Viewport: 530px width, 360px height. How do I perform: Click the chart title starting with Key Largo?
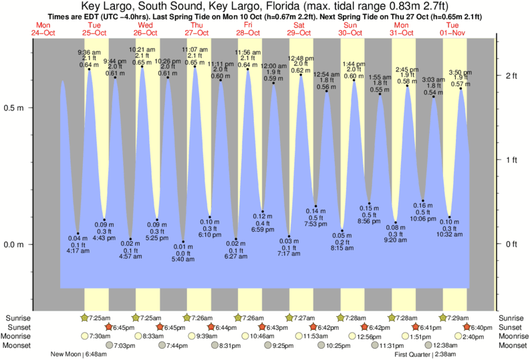point(265,6)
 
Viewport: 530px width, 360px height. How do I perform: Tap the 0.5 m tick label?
point(13,108)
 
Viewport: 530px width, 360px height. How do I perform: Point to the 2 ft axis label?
point(511,75)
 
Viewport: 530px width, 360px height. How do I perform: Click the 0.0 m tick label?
point(13,244)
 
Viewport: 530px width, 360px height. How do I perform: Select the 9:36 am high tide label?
point(89,52)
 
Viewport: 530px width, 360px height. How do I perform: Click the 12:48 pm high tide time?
point(300,57)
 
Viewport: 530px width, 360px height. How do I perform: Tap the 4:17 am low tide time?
point(78,252)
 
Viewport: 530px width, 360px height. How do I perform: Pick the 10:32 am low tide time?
point(449,234)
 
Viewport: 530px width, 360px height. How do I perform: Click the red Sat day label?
point(299,24)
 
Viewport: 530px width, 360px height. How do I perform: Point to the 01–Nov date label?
point(452,31)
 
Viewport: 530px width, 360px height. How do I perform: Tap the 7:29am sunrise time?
point(458,317)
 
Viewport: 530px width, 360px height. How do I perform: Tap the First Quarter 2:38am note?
point(425,354)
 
